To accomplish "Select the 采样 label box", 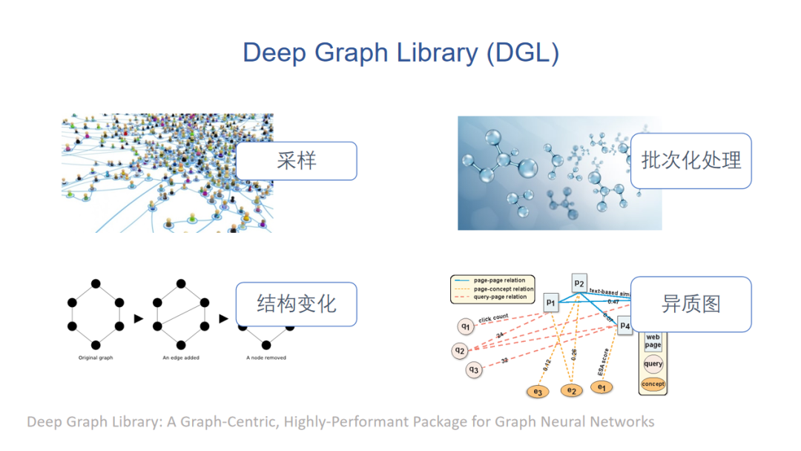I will pyautogui.click(x=296, y=161).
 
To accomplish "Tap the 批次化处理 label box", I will pyautogui.click(x=690, y=161).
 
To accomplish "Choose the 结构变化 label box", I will pyautogui.click(x=296, y=304).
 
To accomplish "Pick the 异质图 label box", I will pyautogui.click(x=690, y=304).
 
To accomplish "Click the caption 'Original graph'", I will pyautogui.click(x=95, y=358).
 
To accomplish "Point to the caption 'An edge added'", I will pyautogui.click(x=180, y=358).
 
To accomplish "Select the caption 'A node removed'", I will pyautogui.click(x=266, y=358).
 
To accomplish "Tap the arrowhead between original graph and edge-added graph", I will pyautogui.click(x=137, y=319).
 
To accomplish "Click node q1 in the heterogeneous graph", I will pyautogui.click(x=465, y=326).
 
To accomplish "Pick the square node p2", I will pyautogui.click(x=579, y=283).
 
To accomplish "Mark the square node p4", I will pyautogui.click(x=624, y=326).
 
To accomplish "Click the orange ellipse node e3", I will pyautogui.click(x=536, y=392).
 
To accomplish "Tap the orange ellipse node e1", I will pyautogui.click(x=601, y=387).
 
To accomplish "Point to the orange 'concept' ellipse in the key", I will pyautogui.click(x=653, y=384).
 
